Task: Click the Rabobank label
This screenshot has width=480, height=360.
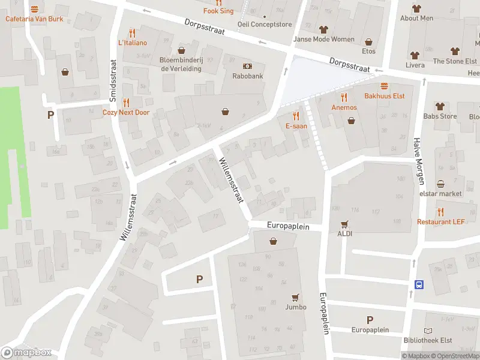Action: (247, 76)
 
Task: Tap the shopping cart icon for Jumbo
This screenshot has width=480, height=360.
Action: (295, 297)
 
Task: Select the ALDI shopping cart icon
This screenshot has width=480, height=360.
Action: (344, 224)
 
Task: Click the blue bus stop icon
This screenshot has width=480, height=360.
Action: (419, 284)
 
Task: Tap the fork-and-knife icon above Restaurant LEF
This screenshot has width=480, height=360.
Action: (441, 212)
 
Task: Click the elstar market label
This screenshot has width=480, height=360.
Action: (441, 194)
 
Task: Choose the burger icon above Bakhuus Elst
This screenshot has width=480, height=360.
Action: (384, 86)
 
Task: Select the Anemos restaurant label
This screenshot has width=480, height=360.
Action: (344, 107)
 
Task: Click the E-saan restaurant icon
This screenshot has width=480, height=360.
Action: (295, 116)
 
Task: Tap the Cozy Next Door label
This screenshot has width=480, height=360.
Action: (125, 112)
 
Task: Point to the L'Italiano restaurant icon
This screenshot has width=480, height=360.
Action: (132, 33)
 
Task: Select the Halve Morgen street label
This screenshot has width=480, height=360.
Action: (418, 160)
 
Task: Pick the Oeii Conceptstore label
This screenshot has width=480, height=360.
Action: (265, 25)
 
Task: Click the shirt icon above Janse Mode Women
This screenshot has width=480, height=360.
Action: (323, 29)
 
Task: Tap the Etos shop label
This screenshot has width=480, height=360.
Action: (368, 52)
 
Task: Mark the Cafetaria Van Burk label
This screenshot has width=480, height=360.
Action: (34, 19)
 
